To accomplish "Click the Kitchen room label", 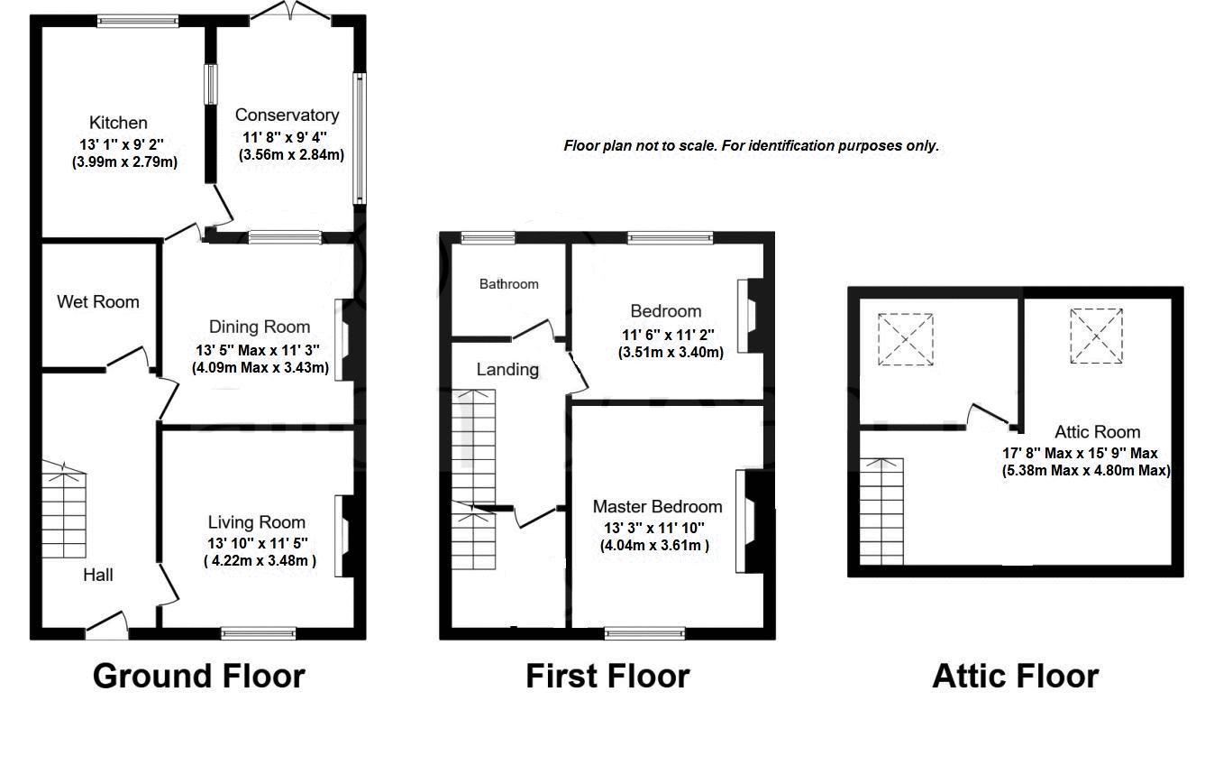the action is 117,123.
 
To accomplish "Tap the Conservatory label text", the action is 287,115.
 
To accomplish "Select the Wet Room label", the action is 98,301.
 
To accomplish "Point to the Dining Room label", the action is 260,327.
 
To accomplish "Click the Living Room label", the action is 257,521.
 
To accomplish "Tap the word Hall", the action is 98,575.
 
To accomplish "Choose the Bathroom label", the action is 508,284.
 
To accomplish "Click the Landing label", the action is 507,369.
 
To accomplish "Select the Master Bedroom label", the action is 657,506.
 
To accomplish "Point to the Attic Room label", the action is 1097,432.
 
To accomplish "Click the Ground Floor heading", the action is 199,676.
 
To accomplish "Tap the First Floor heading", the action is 607,676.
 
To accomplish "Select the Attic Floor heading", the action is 1015,676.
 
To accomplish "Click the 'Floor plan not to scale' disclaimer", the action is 752,145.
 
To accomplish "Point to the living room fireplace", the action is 345,536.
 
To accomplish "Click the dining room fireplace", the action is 345,340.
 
